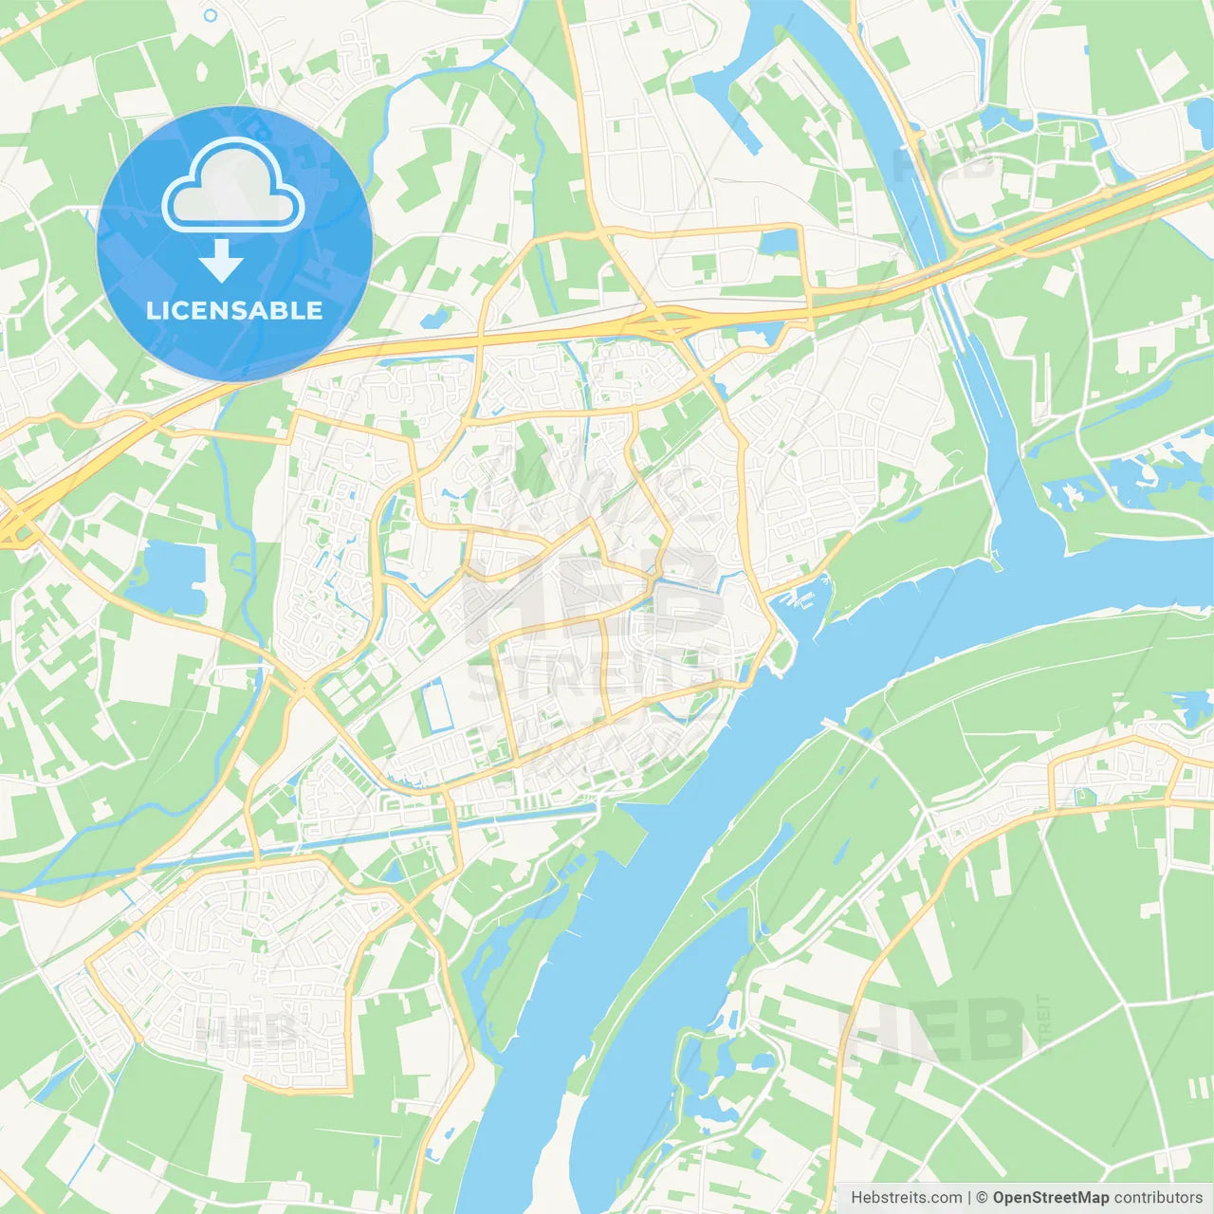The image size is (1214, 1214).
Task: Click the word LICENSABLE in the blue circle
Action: (234, 310)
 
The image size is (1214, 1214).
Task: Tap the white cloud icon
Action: (233, 186)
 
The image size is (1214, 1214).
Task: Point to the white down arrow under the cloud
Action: (221, 261)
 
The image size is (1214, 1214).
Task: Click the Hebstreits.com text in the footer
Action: (906, 1198)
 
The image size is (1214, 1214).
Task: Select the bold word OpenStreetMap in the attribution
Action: (1050, 1198)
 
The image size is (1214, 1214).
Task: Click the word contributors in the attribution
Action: (1158, 1198)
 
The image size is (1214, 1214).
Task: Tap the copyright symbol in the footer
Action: (982, 1198)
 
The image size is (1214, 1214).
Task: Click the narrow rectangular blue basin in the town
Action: (437, 706)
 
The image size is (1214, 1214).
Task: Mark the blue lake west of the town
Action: (171, 575)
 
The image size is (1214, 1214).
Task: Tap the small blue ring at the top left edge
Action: (211, 15)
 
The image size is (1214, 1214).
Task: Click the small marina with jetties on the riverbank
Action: (802, 599)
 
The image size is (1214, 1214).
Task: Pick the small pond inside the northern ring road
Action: (780, 241)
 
